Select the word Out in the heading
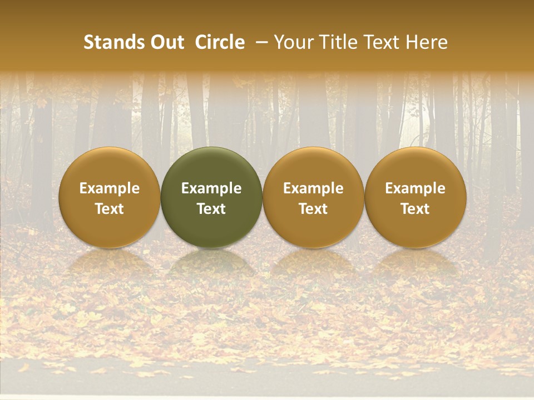click(x=166, y=42)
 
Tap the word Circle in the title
click(x=220, y=42)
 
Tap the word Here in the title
click(x=427, y=42)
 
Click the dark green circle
click(x=211, y=197)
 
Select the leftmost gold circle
click(x=110, y=197)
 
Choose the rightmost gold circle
click(x=416, y=197)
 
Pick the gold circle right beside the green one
click(x=313, y=197)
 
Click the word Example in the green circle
click(x=211, y=188)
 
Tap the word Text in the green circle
click(x=211, y=209)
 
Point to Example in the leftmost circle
click(x=110, y=188)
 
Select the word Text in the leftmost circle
click(x=110, y=209)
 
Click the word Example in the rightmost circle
click(x=416, y=188)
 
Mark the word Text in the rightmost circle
click(x=416, y=209)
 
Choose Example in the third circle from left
click(x=313, y=188)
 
